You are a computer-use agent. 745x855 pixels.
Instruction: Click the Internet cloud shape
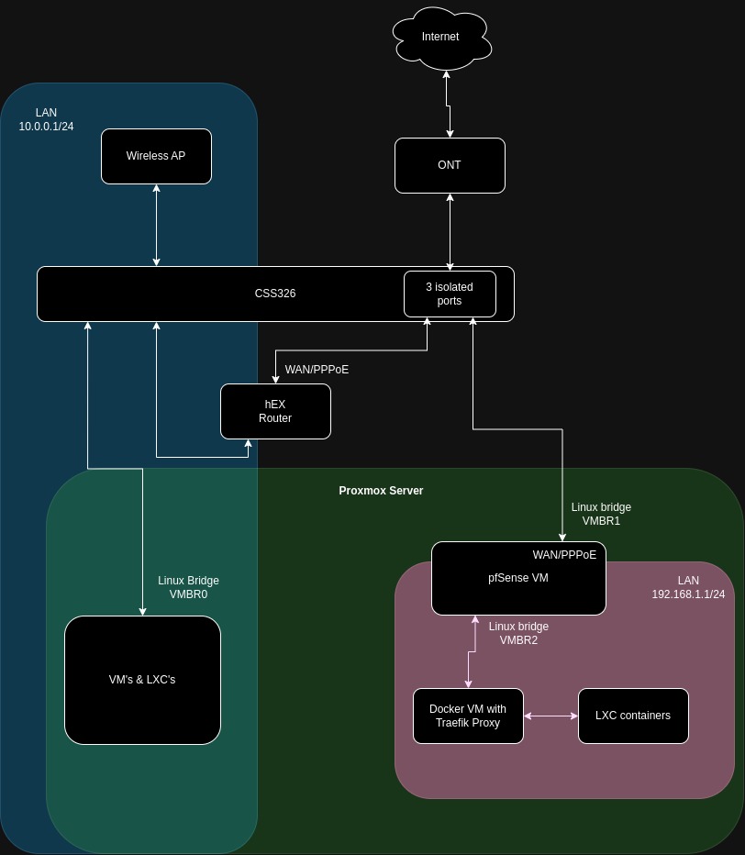coord(440,37)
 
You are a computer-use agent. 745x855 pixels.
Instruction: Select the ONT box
coord(450,165)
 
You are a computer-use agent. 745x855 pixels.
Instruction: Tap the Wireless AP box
coord(156,156)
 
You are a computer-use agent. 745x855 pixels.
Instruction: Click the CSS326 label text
coord(275,294)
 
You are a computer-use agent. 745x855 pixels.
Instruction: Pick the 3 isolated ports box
coord(450,294)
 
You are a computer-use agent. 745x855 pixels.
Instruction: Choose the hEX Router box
coord(275,411)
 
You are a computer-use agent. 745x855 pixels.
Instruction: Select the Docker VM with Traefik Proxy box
coord(468,716)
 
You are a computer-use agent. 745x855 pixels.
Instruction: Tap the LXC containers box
coord(633,716)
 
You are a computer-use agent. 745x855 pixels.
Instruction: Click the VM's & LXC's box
coord(142,680)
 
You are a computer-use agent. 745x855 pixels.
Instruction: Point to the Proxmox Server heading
coord(381,491)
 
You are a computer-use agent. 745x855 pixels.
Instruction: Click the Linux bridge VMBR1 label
coord(601,514)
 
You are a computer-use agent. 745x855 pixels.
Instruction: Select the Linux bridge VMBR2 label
coord(518,633)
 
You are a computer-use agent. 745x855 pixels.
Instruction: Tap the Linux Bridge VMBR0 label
coord(188,587)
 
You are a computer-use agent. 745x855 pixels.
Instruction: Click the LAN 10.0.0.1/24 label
coord(46,119)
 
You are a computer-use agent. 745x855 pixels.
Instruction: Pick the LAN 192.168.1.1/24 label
coord(688,587)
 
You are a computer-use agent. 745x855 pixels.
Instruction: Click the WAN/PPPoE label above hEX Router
coord(317,370)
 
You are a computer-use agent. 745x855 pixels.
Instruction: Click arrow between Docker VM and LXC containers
coord(550,716)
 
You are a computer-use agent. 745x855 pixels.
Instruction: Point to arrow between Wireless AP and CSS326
coord(157,225)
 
